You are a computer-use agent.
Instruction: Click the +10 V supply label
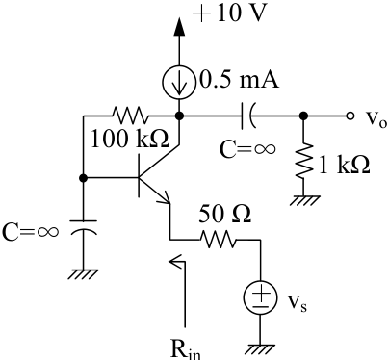(229, 13)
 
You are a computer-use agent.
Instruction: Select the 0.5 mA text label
(239, 80)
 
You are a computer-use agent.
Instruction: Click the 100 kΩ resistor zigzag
(130, 116)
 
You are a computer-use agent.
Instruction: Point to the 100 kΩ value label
(130, 140)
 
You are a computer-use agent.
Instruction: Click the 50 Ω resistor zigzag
(218, 240)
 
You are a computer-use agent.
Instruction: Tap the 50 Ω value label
(224, 214)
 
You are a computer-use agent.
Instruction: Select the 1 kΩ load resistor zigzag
(303, 161)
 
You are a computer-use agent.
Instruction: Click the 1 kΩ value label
(345, 165)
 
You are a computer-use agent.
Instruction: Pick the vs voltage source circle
(260, 297)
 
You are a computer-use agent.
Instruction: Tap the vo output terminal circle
(350, 116)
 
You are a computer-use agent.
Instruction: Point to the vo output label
(376, 119)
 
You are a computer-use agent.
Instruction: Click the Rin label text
(186, 349)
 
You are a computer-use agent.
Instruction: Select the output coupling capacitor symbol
(247, 116)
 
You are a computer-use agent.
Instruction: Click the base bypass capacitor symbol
(83, 227)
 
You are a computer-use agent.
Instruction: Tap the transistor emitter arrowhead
(165, 197)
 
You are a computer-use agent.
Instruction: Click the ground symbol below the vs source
(261, 349)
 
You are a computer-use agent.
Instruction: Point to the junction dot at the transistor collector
(179, 116)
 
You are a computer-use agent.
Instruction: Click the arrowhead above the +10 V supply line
(179, 27)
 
